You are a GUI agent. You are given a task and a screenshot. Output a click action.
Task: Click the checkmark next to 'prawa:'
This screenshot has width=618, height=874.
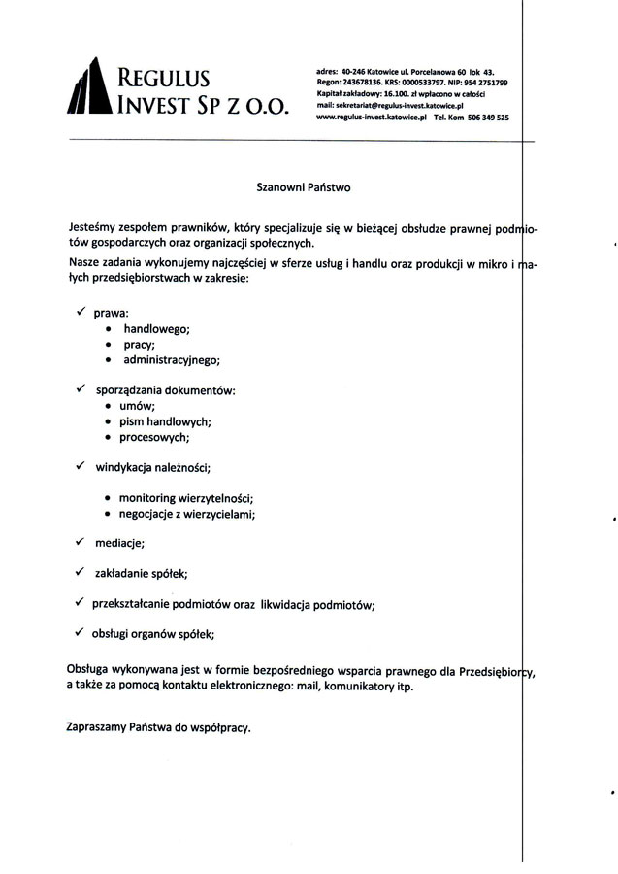[81, 313]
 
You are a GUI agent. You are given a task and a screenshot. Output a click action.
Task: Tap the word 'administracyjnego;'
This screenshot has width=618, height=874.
[172, 360]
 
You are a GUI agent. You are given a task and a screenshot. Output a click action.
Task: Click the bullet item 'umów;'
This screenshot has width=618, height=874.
[137, 406]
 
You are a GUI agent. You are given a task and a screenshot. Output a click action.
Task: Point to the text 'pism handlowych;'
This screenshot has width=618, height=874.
[165, 421]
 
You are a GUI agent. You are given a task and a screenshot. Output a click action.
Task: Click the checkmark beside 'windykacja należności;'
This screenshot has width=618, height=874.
[81, 466]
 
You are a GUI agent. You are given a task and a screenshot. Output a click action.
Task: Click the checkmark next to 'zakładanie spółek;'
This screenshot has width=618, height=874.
[81, 573]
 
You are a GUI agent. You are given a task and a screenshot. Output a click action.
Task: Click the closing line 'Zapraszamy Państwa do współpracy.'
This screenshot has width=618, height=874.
[158, 726]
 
